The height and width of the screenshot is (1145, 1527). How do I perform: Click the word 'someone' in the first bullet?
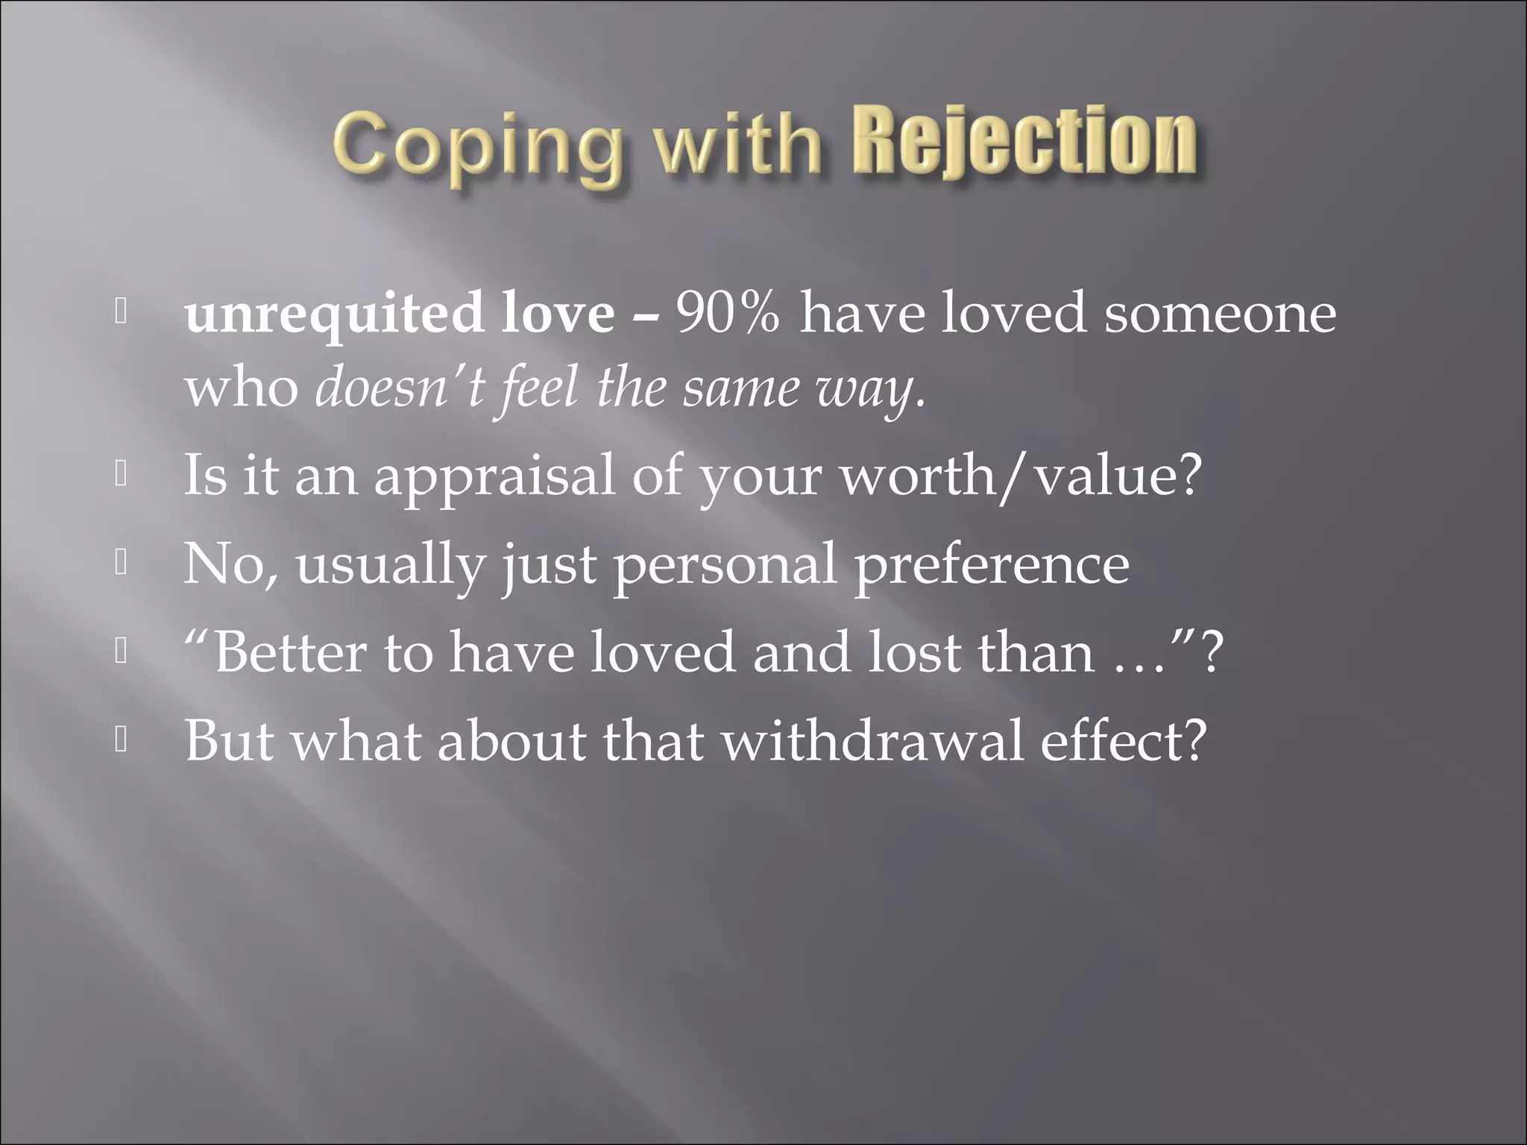click(x=1220, y=313)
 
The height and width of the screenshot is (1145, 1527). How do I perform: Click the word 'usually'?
click(x=390, y=565)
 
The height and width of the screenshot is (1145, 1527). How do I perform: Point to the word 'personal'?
click(x=725, y=565)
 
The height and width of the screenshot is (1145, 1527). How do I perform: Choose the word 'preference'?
click(x=991, y=565)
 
